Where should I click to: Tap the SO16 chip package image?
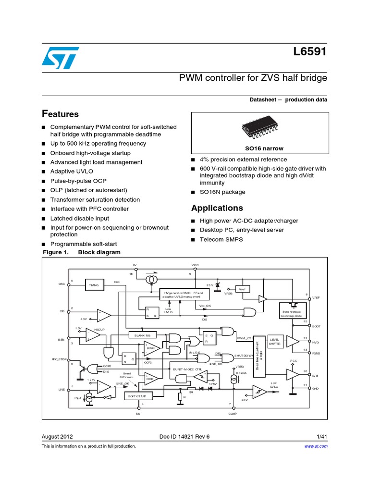[x=259, y=128]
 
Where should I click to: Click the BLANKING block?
[x=143, y=334]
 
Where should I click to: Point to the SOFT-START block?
[x=139, y=396]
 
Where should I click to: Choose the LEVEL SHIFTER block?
[x=275, y=342]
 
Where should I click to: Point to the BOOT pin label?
[x=316, y=326]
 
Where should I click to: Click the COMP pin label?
[x=233, y=413]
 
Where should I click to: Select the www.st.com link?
[x=316, y=446]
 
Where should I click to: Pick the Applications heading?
[x=217, y=208]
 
